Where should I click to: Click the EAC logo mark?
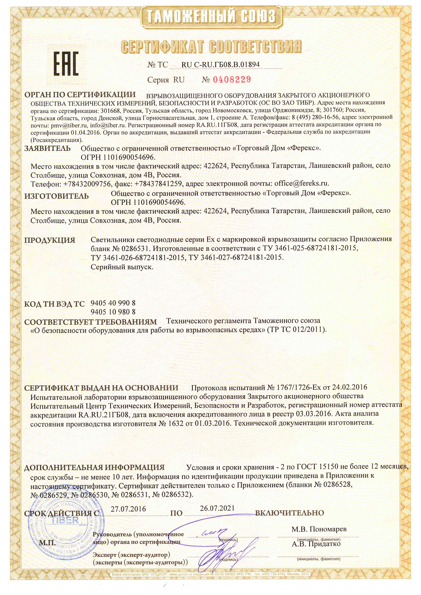[x=66, y=64]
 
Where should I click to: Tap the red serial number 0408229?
[x=232, y=79]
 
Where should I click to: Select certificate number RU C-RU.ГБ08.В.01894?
[x=220, y=65]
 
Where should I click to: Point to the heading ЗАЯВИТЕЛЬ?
[x=47, y=148]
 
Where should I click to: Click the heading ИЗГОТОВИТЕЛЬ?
[x=57, y=196]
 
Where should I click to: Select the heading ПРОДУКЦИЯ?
[x=50, y=240]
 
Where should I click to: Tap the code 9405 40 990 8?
[x=113, y=303]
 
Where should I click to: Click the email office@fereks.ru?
[x=301, y=184]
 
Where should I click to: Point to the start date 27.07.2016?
[x=128, y=509]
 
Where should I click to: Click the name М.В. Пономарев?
[x=319, y=529]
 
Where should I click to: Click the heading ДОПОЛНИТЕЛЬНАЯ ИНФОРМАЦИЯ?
[x=94, y=467]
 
